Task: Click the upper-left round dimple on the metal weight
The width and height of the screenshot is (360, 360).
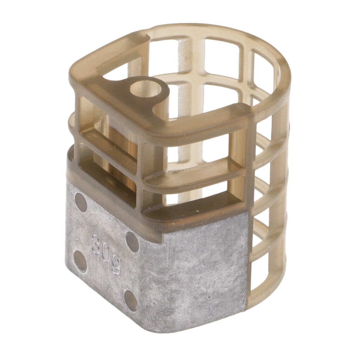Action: point(81,202)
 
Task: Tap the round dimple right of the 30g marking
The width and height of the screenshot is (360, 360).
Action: point(132,242)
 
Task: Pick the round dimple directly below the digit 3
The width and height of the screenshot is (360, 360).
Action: point(81,261)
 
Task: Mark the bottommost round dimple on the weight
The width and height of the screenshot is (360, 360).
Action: point(131,301)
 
